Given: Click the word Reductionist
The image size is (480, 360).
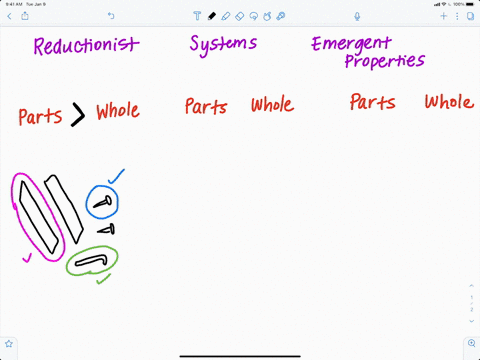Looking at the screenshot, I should click(86, 47).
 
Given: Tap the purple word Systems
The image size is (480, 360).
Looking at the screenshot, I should click(223, 45).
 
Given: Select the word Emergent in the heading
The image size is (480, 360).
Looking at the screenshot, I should click(351, 45).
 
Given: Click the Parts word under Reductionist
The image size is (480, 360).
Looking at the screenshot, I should click(40, 115).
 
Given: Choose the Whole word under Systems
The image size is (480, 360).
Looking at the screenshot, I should click(272, 105).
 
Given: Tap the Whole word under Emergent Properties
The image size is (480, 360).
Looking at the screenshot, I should click(448, 102).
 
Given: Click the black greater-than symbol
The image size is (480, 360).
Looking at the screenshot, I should click(78, 115).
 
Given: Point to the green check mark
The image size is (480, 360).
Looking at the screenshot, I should click(102, 279).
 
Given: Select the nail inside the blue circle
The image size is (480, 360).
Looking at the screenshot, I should click(102, 203).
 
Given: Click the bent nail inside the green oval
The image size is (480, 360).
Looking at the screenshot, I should click(92, 262).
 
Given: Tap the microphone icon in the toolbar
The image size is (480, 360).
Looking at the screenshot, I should click(358, 16).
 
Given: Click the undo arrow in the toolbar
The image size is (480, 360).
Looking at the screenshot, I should click(110, 16).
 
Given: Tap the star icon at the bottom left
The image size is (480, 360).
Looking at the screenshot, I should click(9, 343).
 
